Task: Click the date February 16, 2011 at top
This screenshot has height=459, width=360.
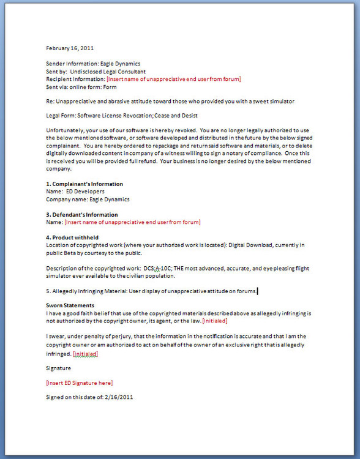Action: [70, 48]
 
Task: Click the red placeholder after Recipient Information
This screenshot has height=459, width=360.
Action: [173, 79]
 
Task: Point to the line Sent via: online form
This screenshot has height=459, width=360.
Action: [81, 87]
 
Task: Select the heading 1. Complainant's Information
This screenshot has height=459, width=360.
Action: [84, 184]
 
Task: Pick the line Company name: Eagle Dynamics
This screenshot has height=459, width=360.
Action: [88, 200]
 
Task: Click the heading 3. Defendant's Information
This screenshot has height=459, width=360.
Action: [82, 215]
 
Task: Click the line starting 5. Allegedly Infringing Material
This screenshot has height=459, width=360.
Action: [151, 291]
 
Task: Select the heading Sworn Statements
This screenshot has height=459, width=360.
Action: [70, 305]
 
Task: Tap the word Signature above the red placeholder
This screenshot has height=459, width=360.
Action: [59, 368]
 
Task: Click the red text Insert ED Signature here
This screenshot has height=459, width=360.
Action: [80, 383]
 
